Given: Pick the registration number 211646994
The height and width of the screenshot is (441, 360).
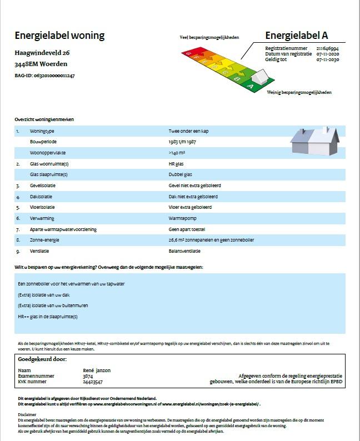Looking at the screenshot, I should (x=327, y=48).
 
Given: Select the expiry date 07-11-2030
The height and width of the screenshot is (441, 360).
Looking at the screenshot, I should (x=327, y=59).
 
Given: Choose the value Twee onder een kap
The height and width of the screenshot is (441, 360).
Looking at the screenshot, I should (x=189, y=131).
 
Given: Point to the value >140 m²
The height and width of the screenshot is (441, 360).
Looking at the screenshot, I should (x=177, y=153).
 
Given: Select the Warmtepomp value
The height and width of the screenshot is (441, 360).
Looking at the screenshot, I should (x=182, y=218).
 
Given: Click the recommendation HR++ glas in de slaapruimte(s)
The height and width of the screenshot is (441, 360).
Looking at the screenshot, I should (x=48, y=317).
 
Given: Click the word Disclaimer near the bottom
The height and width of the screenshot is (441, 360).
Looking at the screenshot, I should (x=27, y=414).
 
